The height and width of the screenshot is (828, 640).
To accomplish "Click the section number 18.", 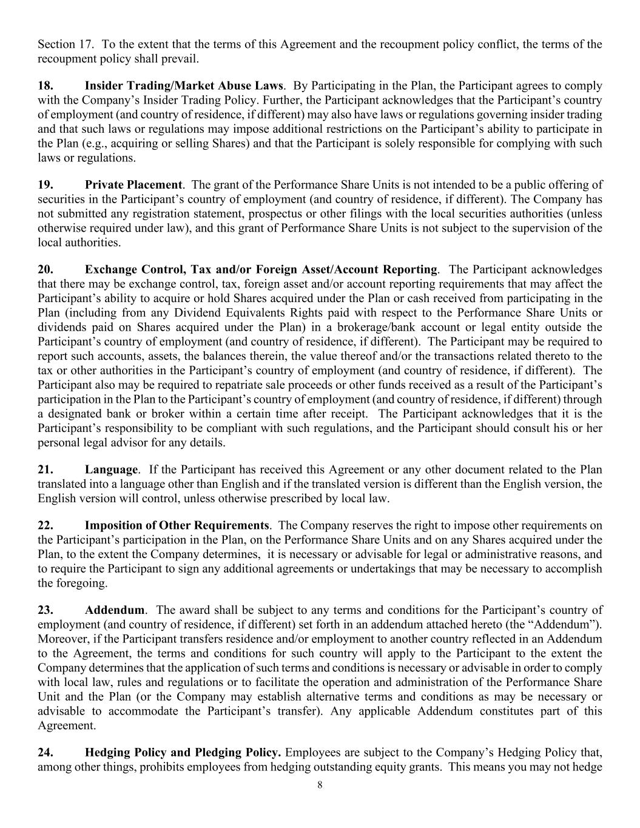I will (x=45, y=86).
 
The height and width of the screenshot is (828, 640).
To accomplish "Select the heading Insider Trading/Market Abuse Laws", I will (x=184, y=86).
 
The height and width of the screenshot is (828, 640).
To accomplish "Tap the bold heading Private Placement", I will (x=133, y=185).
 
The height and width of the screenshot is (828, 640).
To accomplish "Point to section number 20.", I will (x=45, y=269).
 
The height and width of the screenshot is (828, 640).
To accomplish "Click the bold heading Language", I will (x=111, y=470).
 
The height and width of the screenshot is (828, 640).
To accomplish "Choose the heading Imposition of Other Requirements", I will (x=177, y=525).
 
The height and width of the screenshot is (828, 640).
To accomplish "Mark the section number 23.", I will (x=45, y=610).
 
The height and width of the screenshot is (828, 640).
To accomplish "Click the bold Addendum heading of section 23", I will (x=115, y=610).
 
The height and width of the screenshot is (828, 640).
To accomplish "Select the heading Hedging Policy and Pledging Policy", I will (x=183, y=753).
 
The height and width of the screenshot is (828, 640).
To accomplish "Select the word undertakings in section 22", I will (x=430, y=568).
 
